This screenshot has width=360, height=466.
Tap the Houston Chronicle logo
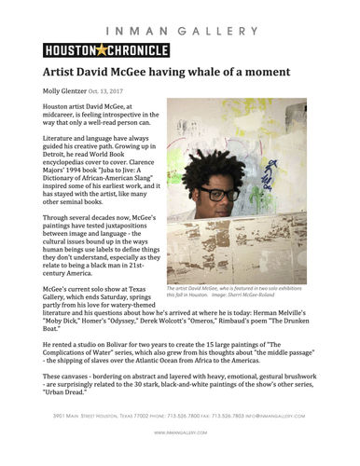click(x=93, y=49)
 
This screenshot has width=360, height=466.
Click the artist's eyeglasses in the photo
click(x=221, y=195)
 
